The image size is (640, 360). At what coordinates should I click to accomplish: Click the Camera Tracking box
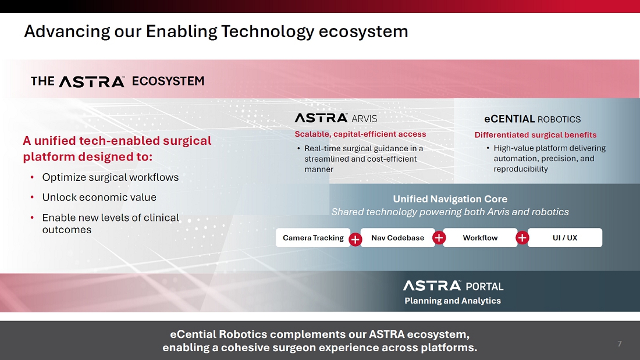tap(312, 237)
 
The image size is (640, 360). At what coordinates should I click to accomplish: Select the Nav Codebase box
tap(397, 237)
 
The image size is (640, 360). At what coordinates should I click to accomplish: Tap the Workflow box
tap(480, 237)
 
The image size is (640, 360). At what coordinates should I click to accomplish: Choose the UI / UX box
tap(565, 237)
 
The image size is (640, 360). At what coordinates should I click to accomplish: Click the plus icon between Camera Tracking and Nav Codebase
tap(355, 240)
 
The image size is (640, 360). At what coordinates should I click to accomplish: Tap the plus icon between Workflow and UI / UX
tap(522, 237)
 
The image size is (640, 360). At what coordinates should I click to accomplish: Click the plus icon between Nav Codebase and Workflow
tap(439, 237)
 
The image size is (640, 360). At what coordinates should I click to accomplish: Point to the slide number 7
tap(620, 344)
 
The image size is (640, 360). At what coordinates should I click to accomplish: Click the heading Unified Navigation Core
tap(450, 199)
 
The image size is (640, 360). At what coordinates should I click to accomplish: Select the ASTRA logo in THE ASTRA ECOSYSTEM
tap(92, 81)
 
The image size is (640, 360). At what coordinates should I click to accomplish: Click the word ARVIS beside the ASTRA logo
tap(364, 119)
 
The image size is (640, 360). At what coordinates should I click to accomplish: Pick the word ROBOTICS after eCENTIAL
tap(559, 120)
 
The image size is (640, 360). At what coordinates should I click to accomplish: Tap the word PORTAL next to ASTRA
tap(485, 287)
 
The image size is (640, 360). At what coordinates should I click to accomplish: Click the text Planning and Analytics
tap(453, 301)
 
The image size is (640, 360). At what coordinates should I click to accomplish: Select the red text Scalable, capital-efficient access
tap(360, 134)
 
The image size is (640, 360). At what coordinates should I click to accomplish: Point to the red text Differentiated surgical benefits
tap(535, 135)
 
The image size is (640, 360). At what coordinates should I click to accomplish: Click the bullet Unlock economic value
tap(99, 198)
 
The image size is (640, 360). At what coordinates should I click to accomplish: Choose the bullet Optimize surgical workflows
tap(111, 177)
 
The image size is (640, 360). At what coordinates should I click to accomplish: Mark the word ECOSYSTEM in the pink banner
tap(168, 81)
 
